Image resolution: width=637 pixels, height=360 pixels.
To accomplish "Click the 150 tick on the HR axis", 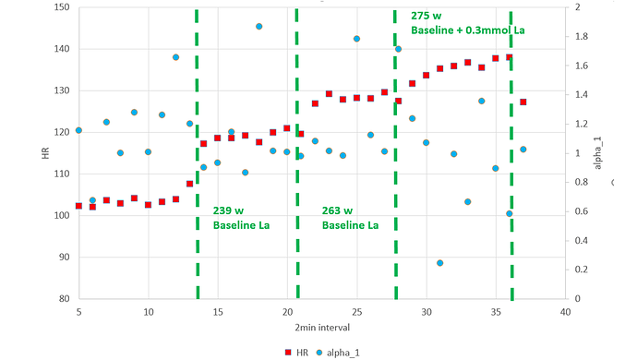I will tap(62, 7).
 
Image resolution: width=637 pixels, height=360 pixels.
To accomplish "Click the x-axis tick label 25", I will tap(356, 312).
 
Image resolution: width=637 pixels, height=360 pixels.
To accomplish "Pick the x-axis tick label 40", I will tap(565, 312).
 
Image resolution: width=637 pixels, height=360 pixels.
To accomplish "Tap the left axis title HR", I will tap(45, 153).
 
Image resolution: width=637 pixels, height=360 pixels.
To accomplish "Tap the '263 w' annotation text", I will tap(338, 210).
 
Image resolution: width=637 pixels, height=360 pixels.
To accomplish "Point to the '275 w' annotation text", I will tap(427, 17).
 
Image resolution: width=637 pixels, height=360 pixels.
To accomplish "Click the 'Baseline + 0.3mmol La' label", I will tap(467, 31).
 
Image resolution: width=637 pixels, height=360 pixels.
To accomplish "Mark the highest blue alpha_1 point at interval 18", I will tap(258, 27).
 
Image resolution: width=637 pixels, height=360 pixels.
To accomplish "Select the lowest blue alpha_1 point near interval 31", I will tap(439, 263).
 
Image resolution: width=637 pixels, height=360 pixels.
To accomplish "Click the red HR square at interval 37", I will tap(523, 102).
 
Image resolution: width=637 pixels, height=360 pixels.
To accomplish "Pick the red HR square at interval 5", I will tap(78, 206).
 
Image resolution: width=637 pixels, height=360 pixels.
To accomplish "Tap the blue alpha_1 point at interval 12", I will tap(175, 57).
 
